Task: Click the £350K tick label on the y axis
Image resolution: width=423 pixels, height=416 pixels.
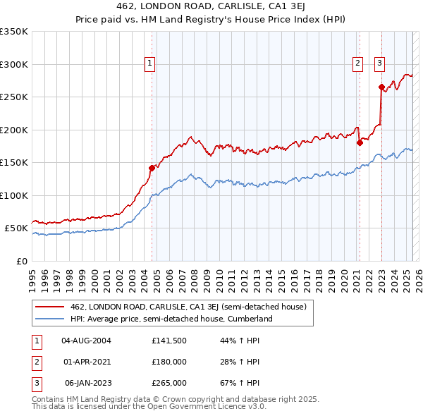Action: point(14,32)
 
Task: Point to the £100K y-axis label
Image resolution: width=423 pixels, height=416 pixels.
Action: point(14,195)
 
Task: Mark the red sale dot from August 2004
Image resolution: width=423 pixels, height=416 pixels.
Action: point(152,168)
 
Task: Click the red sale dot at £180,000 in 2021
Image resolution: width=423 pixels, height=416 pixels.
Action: point(360,142)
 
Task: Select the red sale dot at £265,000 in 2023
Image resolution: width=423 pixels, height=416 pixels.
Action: point(381,87)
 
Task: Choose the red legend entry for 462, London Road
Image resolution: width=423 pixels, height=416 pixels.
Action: point(188,307)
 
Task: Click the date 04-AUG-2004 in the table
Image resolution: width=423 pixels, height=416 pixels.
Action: point(87,340)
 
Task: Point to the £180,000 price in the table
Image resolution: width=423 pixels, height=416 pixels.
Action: point(168,362)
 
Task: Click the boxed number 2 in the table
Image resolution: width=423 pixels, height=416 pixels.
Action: point(35,362)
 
